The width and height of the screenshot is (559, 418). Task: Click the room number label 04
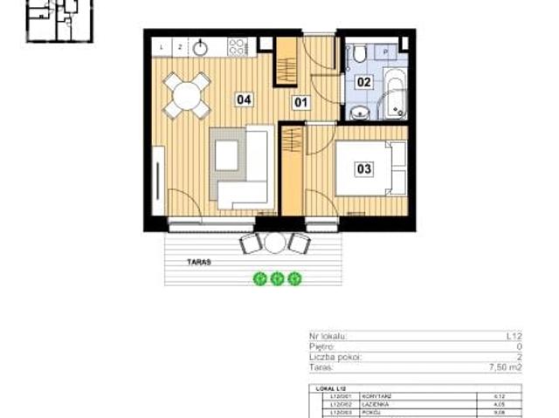[245, 99]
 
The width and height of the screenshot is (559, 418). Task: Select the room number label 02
[364, 83]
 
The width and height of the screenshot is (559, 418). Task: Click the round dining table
[187, 94]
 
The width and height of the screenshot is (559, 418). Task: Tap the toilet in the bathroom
[359, 57]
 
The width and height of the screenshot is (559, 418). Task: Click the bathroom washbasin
[359, 113]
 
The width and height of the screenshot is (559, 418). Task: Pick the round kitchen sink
[200, 46]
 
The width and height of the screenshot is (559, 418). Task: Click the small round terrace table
[275, 243]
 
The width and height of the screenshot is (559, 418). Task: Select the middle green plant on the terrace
[278, 279]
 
